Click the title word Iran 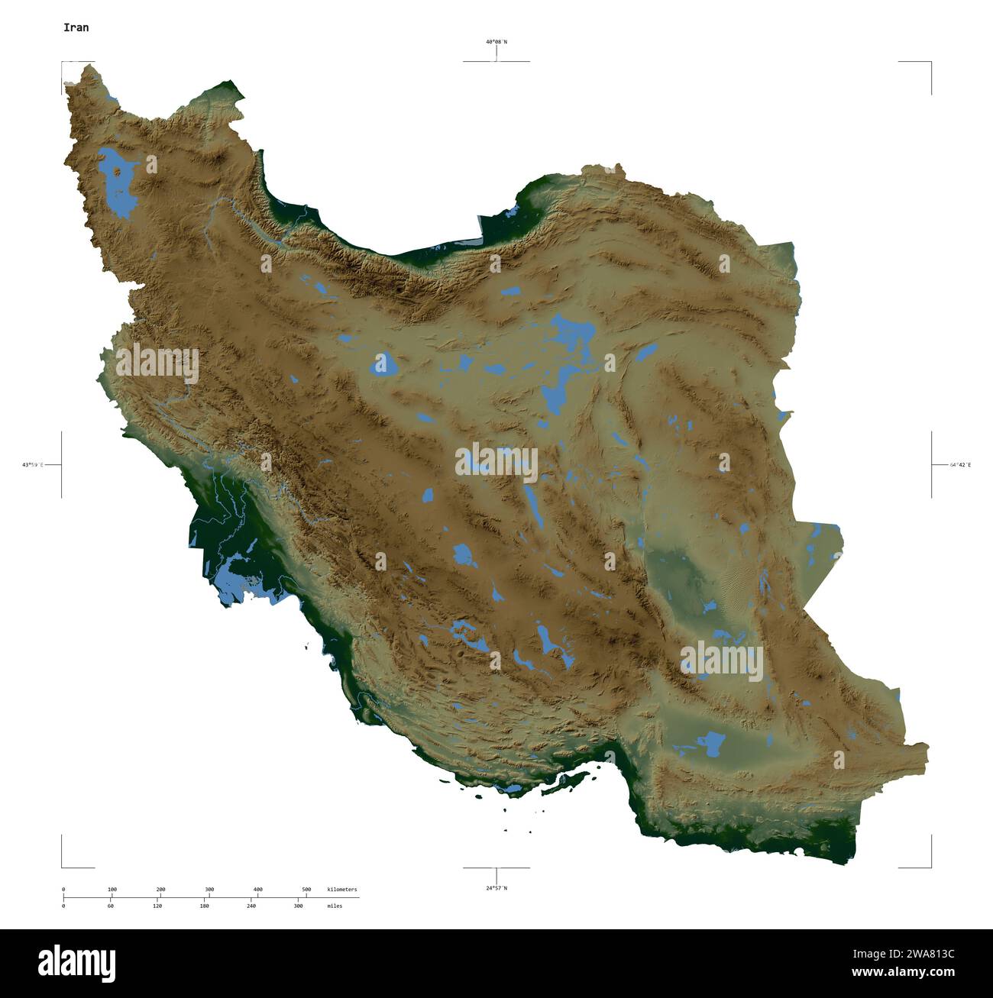pos(76,27)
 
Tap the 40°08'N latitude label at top pos(496,42)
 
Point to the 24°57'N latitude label pos(496,888)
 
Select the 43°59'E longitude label pos(33,464)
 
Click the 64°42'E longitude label pos(960,464)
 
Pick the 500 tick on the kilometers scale pos(306,890)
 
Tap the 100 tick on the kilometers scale pos(112,890)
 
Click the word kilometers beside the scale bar pos(341,890)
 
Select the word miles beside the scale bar pos(334,906)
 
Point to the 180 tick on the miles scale pos(204,906)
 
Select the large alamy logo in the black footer pos(76,963)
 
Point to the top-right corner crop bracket pos(930,63)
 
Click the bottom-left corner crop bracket pos(63,866)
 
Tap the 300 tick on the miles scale pos(298,906)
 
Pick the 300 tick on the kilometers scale pos(209,890)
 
